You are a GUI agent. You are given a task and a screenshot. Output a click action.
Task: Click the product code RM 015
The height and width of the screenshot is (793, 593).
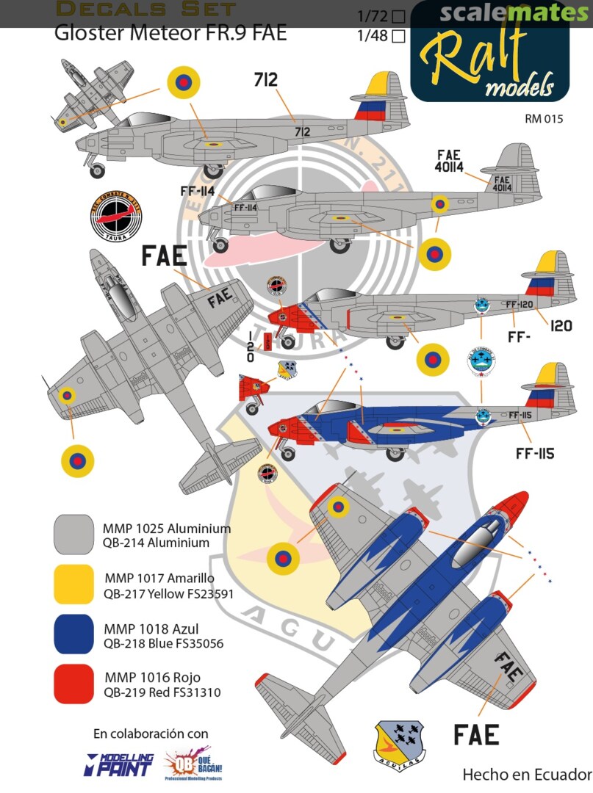[544, 118]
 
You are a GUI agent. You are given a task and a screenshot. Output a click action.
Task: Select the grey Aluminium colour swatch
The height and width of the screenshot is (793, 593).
[73, 534]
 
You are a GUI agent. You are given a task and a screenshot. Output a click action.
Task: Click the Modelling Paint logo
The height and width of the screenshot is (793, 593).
[121, 764]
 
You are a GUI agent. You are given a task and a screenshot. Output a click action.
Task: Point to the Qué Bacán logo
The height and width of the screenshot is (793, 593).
[193, 765]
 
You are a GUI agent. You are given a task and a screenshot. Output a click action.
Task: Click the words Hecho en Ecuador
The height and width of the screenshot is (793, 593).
[527, 775]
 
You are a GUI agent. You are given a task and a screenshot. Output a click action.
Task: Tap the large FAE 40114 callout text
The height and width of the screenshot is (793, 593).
[448, 161]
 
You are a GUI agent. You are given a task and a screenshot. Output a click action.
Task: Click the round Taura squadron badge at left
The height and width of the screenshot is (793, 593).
[115, 214]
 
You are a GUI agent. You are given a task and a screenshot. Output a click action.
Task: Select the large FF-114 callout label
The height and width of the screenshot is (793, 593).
[198, 190]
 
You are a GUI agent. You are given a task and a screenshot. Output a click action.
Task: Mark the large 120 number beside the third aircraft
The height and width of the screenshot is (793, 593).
[560, 325]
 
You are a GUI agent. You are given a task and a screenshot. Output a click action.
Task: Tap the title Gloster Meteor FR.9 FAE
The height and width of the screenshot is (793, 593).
[170, 33]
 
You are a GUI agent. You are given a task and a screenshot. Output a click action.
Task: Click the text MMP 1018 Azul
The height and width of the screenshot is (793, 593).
[151, 629]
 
